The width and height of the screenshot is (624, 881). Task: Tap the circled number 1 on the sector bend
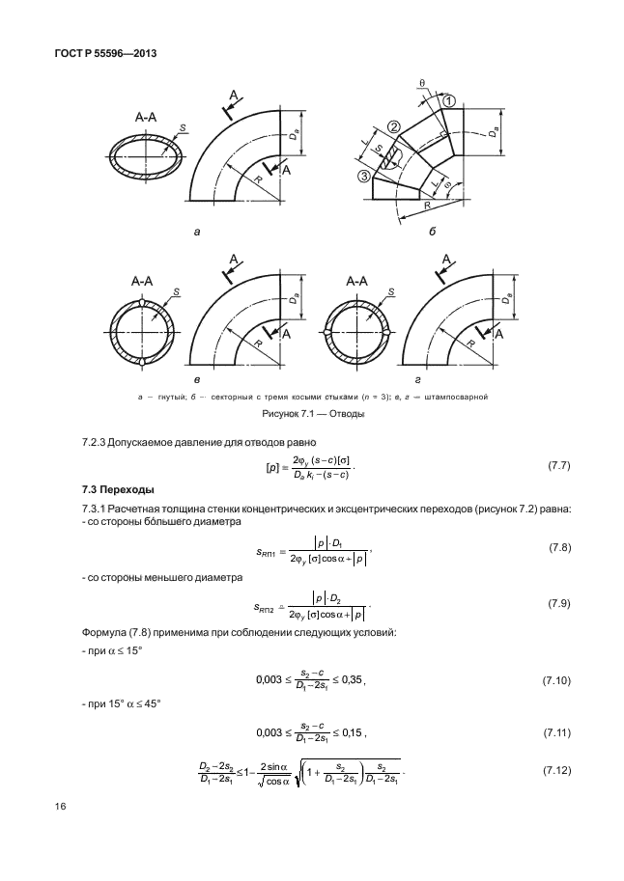[x=449, y=101]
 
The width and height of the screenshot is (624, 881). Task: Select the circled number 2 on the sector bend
[x=394, y=126]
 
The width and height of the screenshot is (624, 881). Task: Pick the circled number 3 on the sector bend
[x=363, y=175]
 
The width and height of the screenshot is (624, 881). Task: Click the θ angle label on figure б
[x=422, y=84]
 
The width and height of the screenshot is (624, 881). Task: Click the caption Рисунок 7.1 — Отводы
[x=311, y=415]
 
